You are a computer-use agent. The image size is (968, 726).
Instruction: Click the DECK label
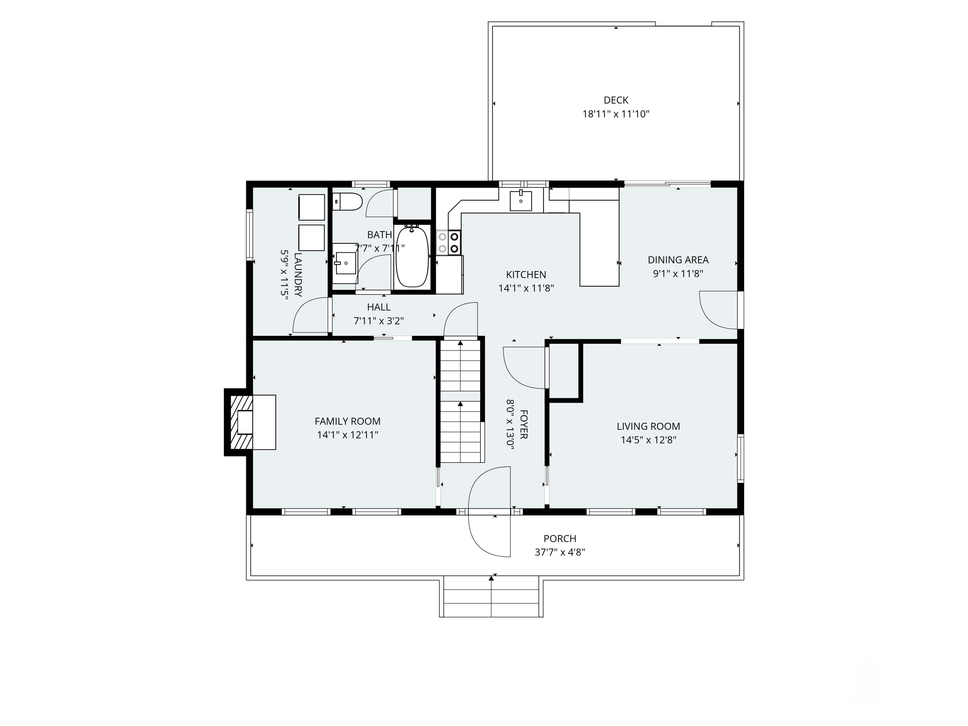pos(616,100)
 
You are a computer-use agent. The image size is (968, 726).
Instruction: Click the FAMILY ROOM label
pos(348,421)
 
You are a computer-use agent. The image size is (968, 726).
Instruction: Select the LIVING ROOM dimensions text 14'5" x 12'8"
pos(649,440)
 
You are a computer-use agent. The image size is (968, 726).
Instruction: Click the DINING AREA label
pos(678,260)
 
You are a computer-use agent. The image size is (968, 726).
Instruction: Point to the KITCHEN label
pos(526,275)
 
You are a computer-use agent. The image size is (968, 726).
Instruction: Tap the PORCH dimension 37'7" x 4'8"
pos(560,552)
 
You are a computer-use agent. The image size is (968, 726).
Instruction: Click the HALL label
pos(378,307)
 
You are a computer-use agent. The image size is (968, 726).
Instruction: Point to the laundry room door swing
pos(311,315)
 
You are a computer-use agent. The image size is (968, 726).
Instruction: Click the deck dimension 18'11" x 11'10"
pos(616,114)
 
